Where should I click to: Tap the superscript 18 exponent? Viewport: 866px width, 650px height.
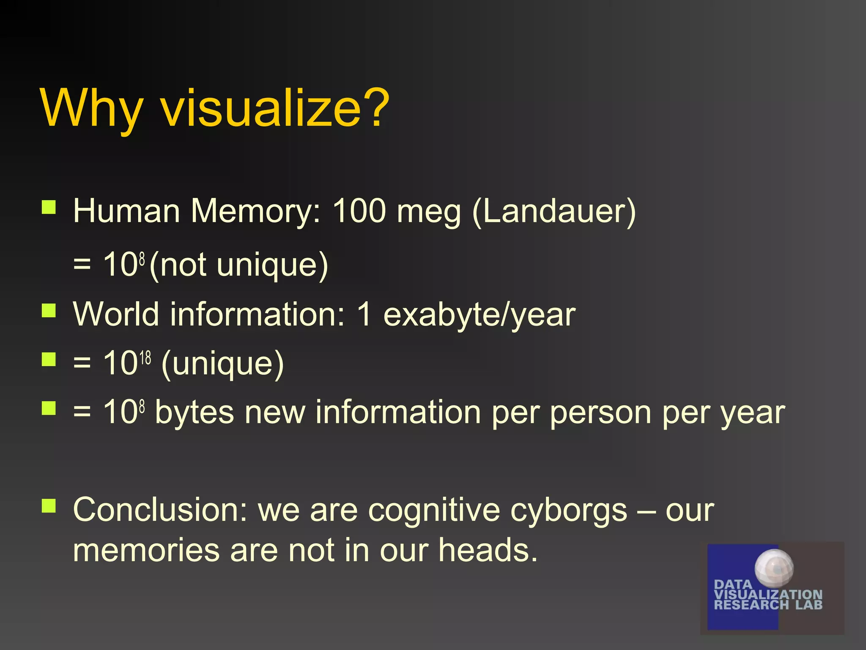tap(145, 358)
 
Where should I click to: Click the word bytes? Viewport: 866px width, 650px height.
tap(194, 413)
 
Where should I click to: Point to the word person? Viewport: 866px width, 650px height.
tap(600, 413)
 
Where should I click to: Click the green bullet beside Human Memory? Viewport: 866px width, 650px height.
tap(49, 207)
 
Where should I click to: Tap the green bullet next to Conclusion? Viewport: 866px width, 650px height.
tap(49, 506)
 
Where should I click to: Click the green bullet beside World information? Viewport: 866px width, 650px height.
tap(49, 311)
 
